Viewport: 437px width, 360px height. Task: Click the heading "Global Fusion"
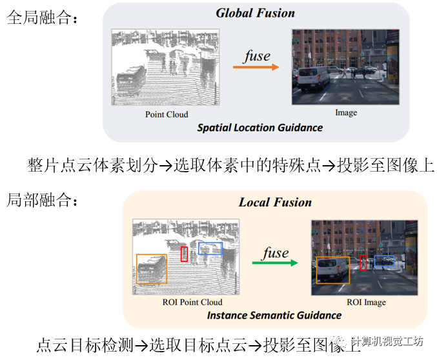255,13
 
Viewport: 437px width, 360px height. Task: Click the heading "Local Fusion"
275,202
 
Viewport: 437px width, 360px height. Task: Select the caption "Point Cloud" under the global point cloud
167,114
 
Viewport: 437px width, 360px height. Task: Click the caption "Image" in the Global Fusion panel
346,112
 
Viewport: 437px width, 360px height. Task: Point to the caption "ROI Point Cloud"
193,302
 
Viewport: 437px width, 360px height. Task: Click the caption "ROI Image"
365,302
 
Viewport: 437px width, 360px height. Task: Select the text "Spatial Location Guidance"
260,128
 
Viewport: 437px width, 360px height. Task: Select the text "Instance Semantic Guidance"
274,315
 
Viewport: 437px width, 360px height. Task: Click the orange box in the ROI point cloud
152,268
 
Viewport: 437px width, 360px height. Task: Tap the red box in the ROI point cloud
184,254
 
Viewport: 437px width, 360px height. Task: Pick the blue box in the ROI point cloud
210,248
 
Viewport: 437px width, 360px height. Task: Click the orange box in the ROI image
333,270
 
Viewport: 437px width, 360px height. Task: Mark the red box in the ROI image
363,262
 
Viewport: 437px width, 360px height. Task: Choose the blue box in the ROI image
385,261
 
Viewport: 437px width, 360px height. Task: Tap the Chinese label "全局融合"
40,19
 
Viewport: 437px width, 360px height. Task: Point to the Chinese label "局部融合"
40,201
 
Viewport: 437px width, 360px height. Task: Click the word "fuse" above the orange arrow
257,55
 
